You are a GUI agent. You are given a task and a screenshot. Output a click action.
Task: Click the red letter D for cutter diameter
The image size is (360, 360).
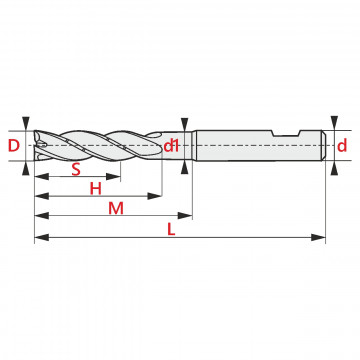14,146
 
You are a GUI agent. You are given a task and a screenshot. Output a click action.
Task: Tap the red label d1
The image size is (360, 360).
171,146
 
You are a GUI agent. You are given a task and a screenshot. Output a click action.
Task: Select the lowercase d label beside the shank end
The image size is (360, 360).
342,146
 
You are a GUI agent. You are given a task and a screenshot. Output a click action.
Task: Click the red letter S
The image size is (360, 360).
76,170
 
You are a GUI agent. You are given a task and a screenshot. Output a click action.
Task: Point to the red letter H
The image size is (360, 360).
96,189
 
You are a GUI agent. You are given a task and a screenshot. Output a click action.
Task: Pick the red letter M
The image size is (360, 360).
116,209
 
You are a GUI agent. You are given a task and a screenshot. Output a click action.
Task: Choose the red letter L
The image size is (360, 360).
171,230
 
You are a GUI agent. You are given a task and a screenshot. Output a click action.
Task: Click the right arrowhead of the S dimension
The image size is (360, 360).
113,177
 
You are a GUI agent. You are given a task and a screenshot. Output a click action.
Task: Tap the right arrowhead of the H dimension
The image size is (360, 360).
155,196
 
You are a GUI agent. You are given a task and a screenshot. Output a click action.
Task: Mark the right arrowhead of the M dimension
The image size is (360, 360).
185,216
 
